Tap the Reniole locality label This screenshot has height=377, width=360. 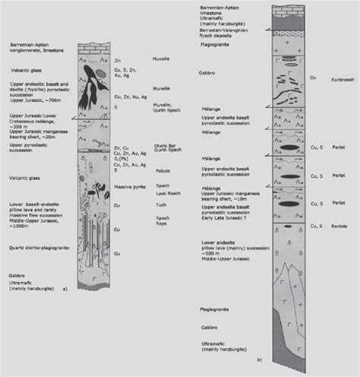(339, 224)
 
